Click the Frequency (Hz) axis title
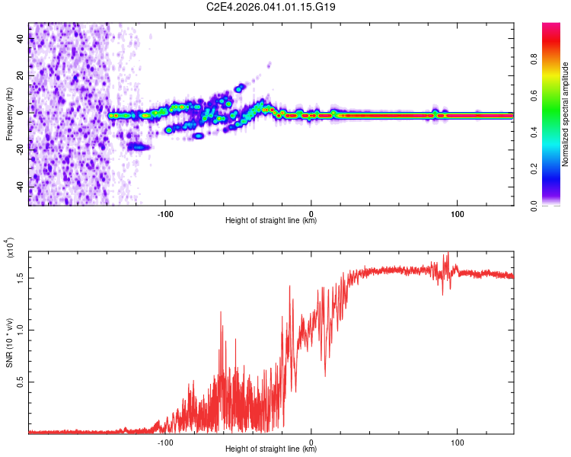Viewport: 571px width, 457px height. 9,114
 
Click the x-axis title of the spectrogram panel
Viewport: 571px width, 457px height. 271,221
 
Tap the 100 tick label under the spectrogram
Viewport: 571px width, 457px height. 458,212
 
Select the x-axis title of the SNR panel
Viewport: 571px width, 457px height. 271,449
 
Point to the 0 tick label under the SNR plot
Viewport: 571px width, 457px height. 312,440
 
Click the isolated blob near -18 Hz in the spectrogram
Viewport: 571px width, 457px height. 138,146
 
